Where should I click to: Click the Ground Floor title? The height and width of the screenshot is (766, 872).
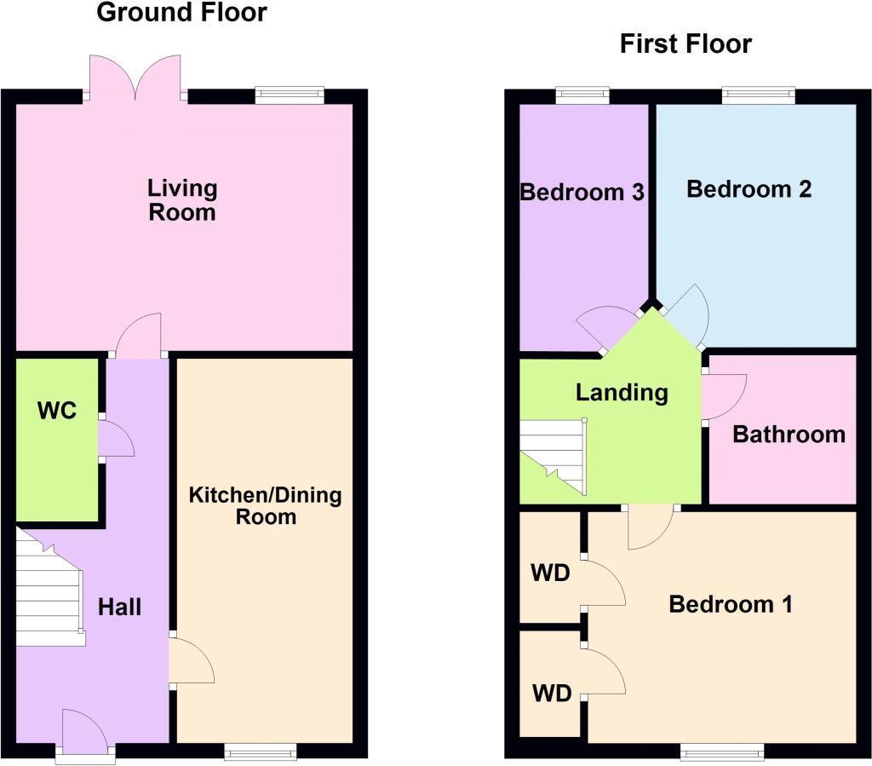pos(181,13)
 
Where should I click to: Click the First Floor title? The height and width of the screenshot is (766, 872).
pos(686,44)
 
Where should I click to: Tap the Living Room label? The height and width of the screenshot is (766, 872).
pos(182,199)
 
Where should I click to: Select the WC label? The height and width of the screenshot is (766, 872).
pos(57,411)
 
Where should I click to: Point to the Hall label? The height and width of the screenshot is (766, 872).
pos(119,608)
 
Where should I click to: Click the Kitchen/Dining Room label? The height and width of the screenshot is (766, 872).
pos(265,505)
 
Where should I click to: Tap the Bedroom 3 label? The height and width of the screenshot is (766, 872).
pos(582,193)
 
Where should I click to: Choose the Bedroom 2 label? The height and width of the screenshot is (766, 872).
pos(749,189)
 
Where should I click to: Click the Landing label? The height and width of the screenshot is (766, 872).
pos(622,393)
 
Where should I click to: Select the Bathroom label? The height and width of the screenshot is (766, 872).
pos(789,435)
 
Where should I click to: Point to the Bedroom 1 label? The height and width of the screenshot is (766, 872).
pos(731,605)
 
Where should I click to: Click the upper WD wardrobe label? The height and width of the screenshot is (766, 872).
pos(550,573)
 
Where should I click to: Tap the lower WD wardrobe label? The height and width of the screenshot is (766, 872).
pos(551,694)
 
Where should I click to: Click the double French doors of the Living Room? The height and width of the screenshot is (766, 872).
pos(135,81)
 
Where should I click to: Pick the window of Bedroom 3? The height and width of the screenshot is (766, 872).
pos(583,95)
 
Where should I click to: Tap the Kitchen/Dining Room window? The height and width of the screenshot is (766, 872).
pos(261,751)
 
